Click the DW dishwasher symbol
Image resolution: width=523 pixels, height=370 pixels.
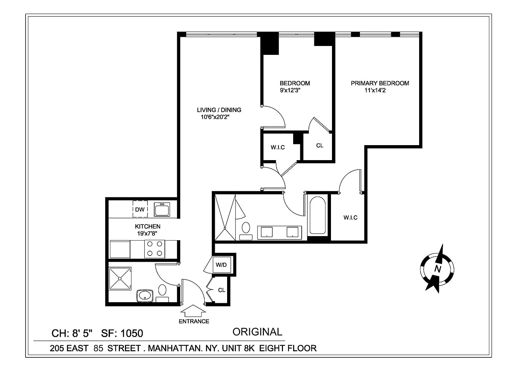(140, 210)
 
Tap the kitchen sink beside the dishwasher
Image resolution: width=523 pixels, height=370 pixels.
(162, 210)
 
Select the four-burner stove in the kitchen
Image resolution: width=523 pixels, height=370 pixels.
(155, 249)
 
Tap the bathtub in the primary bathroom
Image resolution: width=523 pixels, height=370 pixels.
(317, 215)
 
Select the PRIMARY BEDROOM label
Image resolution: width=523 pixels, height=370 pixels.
(380, 83)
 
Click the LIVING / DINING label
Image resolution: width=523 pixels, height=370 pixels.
(219, 110)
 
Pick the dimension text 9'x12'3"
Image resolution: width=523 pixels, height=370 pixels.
(290, 91)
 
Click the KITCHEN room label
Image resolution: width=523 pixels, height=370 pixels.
(147, 226)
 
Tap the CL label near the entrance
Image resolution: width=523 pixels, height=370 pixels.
(222, 290)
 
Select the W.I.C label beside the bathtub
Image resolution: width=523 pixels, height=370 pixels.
(350, 217)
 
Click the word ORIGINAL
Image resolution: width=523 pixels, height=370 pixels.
(257, 332)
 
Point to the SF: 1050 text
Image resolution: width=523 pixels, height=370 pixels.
(122, 333)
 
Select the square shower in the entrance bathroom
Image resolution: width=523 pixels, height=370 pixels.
(120, 278)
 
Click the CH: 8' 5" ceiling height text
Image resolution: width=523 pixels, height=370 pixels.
(72, 333)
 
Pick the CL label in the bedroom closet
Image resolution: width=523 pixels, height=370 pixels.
(319, 145)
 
